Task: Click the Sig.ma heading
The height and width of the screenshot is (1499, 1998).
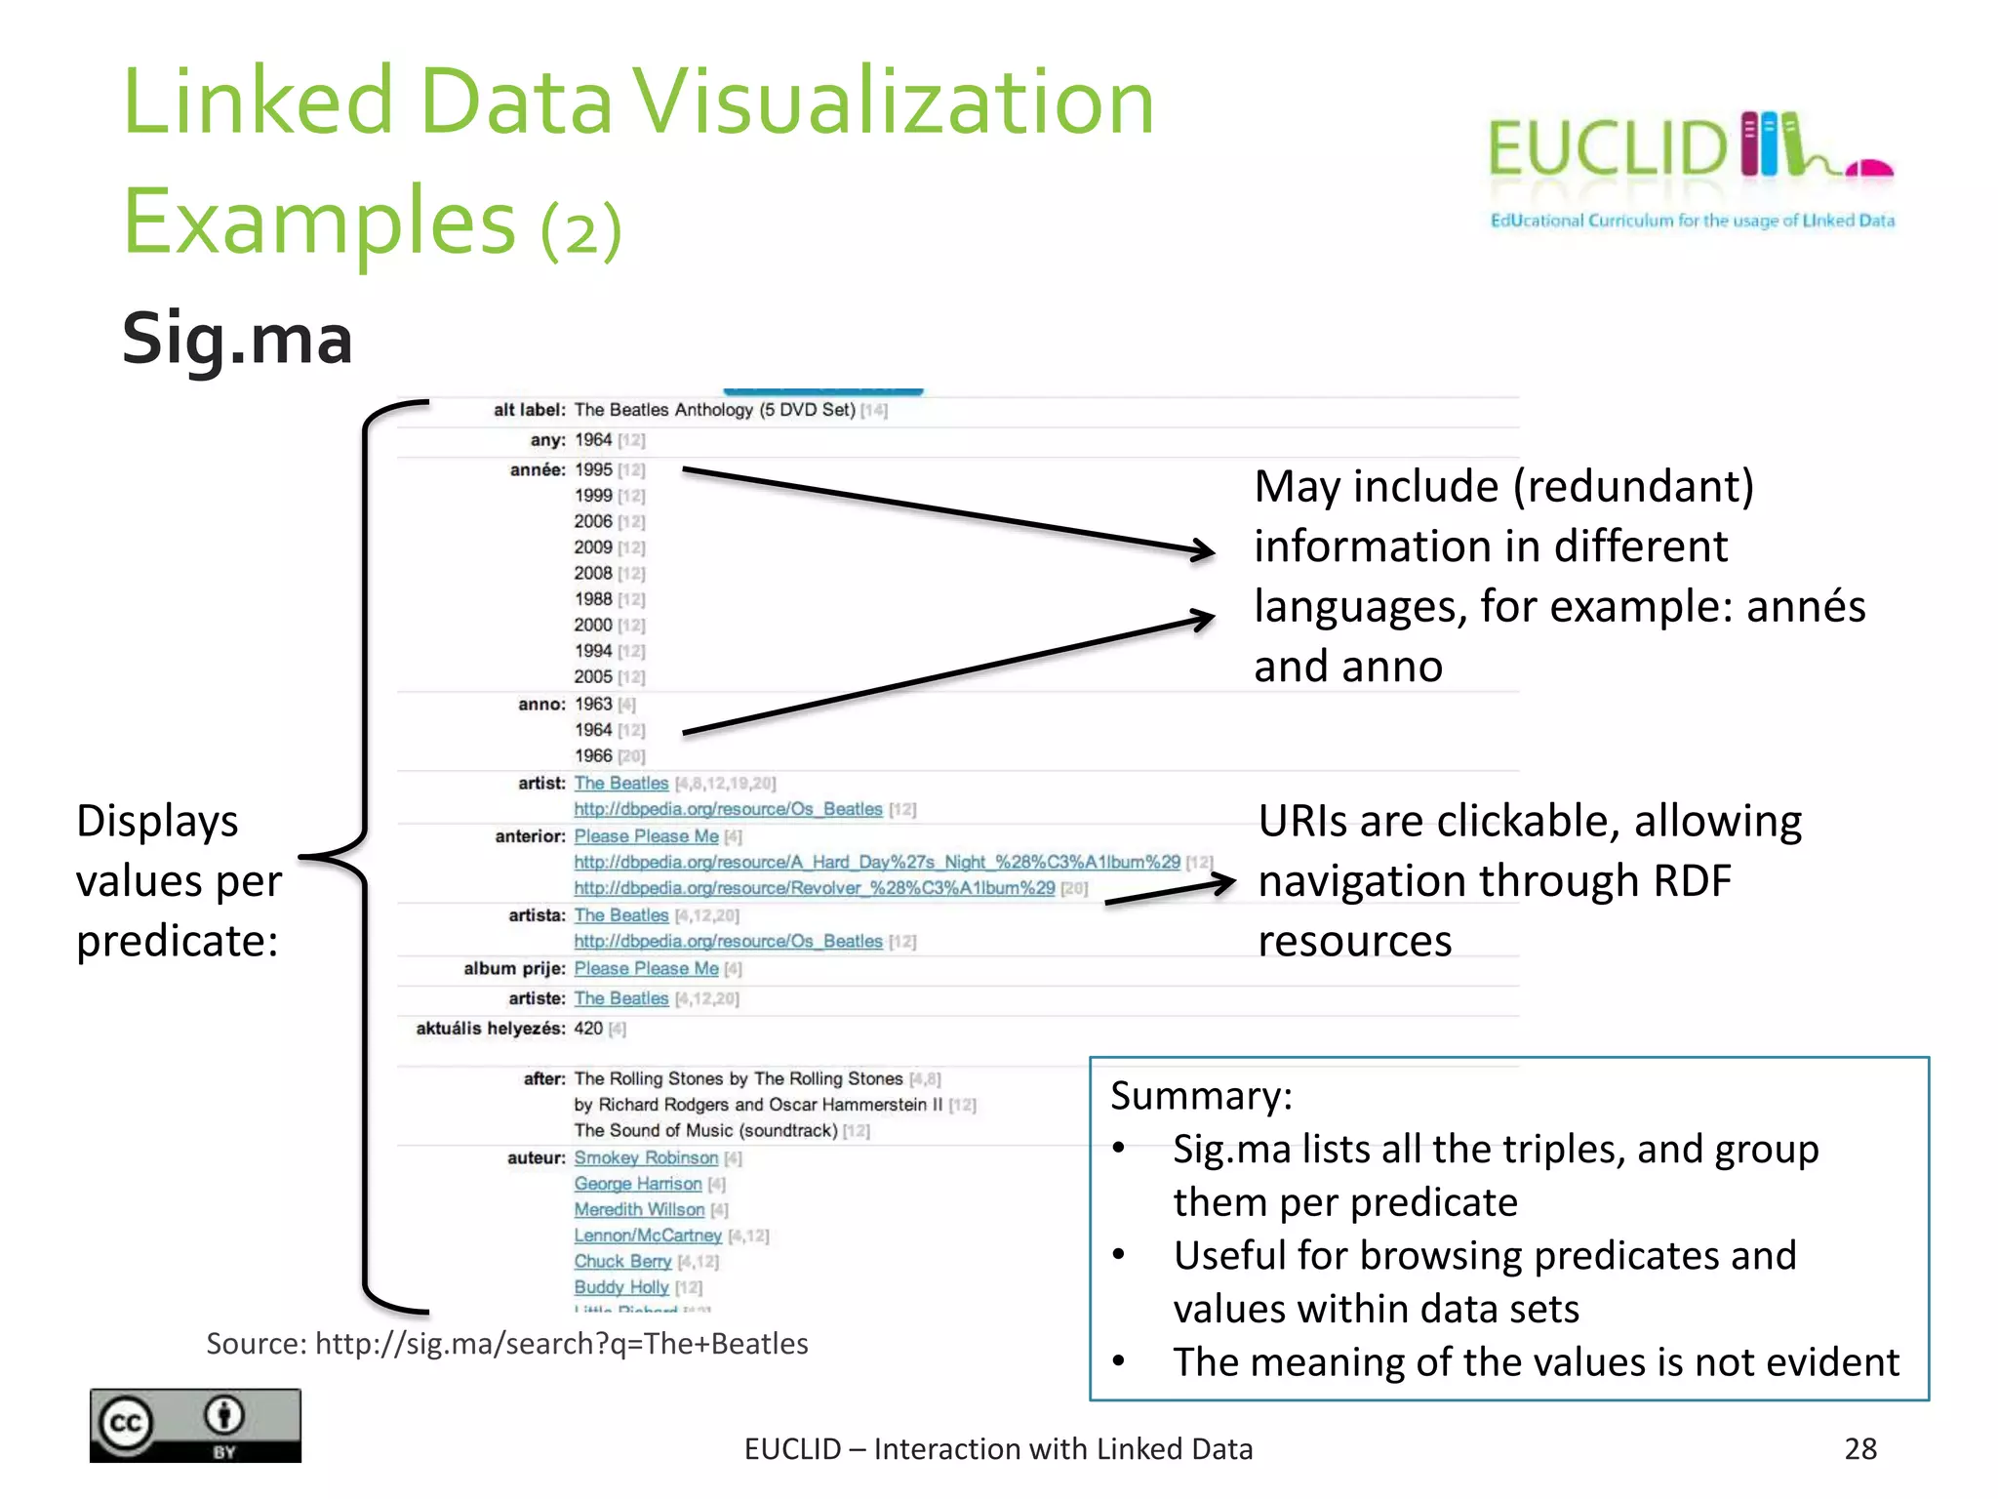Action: click(237, 339)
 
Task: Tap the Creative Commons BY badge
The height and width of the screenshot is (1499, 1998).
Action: click(195, 1425)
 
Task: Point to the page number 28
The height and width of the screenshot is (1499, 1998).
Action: click(1860, 1449)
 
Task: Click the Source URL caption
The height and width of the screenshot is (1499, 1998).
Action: click(507, 1344)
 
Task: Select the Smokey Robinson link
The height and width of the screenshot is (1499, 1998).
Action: click(646, 1157)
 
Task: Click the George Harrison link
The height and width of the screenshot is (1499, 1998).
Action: click(638, 1184)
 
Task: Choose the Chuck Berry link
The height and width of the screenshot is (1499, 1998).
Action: click(622, 1262)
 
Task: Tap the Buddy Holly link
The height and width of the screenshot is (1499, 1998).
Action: click(621, 1287)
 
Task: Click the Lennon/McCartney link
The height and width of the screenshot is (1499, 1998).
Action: click(648, 1236)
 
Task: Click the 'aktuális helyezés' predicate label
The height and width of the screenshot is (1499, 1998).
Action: click(491, 1029)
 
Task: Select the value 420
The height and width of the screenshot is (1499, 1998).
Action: click(588, 1029)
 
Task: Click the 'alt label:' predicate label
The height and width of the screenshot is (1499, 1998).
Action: click(529, 410)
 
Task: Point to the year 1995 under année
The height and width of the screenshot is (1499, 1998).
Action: click(593, 469)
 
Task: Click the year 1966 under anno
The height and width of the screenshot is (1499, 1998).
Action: click(593, 756)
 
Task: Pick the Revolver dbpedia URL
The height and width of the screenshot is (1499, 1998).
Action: click(815, 888)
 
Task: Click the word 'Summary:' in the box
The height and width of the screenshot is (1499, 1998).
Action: click(1201, 1096)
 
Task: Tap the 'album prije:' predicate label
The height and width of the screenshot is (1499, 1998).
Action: click(514, 968)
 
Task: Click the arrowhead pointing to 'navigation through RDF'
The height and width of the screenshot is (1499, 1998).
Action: click(1219, 883)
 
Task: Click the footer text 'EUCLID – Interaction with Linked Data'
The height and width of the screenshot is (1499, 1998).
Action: click(998, 1449)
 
